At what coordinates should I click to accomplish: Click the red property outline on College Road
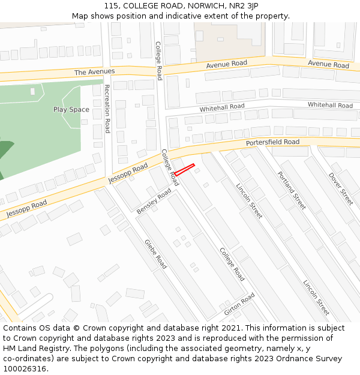(x=184, y=169)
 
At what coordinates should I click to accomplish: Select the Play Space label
(x=71, y=109)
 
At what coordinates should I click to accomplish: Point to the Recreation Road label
(x=107, y=109)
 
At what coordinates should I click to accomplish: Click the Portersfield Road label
(x=272, y=143)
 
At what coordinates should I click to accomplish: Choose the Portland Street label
(x=292, y=190)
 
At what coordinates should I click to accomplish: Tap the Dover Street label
(x=341, y=189)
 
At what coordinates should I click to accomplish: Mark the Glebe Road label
(x=155, y=254)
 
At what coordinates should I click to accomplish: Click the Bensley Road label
(x=154, y=201)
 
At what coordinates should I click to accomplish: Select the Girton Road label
(x=239, y=305)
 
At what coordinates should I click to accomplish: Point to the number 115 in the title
(x=111, y=5)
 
